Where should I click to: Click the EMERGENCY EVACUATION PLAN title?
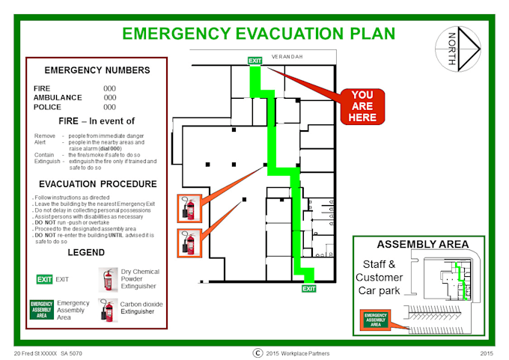258,34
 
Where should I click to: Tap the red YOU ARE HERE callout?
362,106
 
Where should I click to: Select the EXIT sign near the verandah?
255,61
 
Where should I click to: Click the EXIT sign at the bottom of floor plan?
308,288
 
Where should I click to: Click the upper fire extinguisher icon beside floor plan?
188,207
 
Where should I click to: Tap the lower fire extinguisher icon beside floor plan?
188,242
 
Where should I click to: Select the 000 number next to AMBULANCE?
110,97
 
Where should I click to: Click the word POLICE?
47,107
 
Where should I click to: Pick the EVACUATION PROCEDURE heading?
97,184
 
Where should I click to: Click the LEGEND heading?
86,252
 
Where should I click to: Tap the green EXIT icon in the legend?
45,279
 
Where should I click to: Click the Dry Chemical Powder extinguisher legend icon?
109,279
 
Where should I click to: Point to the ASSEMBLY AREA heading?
423,244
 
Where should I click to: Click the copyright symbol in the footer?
257,353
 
